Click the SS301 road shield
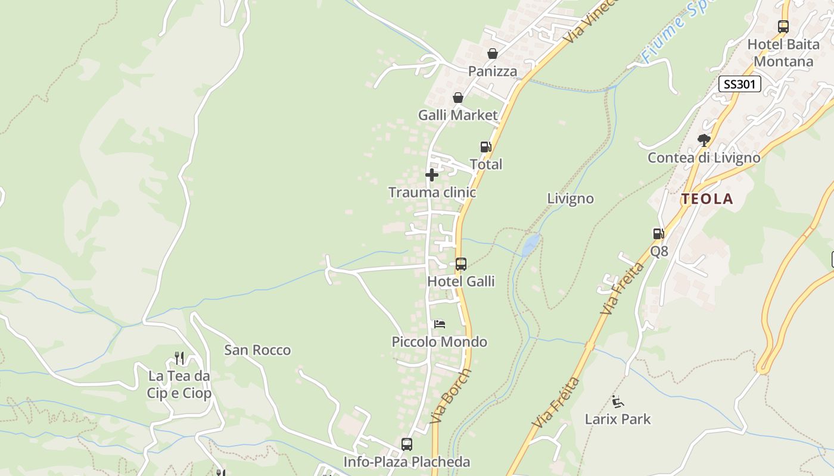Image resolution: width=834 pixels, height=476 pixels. click(739, 84)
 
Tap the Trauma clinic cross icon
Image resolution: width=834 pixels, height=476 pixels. click(432, 175)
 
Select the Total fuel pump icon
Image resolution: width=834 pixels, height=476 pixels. click(486, 147)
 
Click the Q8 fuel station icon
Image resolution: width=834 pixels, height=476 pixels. click(658, 234)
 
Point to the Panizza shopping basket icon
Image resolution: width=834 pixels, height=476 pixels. click(493, 54)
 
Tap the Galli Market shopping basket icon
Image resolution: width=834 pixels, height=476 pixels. click(458, 98)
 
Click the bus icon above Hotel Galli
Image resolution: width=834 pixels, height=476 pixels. click(461, 264)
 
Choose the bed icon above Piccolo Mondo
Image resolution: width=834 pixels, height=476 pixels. click(440, 324)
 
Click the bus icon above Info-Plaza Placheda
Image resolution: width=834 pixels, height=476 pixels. click(407, 444)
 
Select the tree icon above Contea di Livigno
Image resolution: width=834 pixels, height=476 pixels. click(704, 140)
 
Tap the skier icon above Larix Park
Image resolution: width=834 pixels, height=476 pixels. click(618, 402)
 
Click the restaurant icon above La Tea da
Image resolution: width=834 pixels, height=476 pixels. click(179, 358)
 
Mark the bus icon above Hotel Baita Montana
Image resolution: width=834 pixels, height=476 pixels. click(783, 26)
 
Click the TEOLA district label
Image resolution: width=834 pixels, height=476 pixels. click(707, 199)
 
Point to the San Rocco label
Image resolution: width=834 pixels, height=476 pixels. click(257, 350)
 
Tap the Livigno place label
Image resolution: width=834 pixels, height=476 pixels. click(570, 198)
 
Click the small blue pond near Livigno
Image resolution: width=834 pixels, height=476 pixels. click(530, 244)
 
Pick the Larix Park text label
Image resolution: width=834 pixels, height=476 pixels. click(618, 419)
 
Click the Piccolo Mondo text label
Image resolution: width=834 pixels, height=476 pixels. click(439, 342)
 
